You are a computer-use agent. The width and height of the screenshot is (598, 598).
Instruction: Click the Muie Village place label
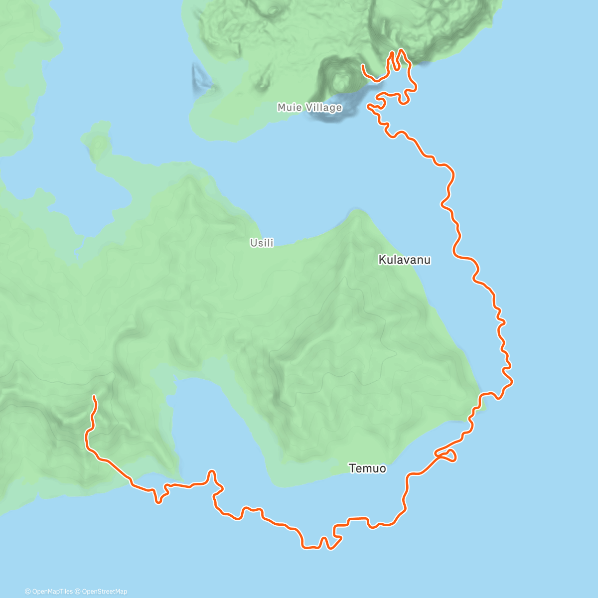[309, 108]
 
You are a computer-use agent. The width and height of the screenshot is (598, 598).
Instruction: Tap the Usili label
[262, 243]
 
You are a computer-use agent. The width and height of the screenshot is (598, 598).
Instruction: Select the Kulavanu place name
[404, 260]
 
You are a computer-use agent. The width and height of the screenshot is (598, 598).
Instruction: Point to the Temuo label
[367, 468]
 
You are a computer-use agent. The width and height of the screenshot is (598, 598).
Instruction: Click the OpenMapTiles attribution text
[52, 592]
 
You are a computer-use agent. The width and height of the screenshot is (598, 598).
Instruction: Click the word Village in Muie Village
[324, 108]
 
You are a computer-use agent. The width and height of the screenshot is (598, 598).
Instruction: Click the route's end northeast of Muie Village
[363, 65]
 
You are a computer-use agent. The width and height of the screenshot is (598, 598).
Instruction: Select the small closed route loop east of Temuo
[447, 455]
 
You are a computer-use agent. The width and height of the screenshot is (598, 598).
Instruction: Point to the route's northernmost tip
[401, 50]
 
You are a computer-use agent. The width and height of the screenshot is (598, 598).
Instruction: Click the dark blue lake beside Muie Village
[349, 100]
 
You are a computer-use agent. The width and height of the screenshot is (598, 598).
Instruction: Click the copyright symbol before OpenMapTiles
[27, 592]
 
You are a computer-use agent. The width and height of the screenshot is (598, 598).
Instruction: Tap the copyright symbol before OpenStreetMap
[78, 592]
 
